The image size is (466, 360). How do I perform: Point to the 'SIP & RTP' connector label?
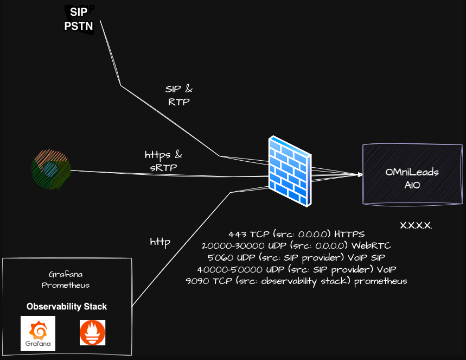click(x=179, y=95)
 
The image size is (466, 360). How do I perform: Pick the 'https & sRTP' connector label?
click(x=163, y=161)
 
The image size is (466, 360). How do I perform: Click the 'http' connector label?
click(x=161, y=242)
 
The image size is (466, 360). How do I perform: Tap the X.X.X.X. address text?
click(x=416, y=225)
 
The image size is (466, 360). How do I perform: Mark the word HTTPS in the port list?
click(x=349, y=234)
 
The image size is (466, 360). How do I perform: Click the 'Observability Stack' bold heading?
click(x=67, y=307)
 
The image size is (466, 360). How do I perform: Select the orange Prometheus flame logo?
click(x=92, y=332)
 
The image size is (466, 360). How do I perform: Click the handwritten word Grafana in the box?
click(x=66, y=274)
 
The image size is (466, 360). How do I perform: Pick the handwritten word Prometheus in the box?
click(x=66, y=285)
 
